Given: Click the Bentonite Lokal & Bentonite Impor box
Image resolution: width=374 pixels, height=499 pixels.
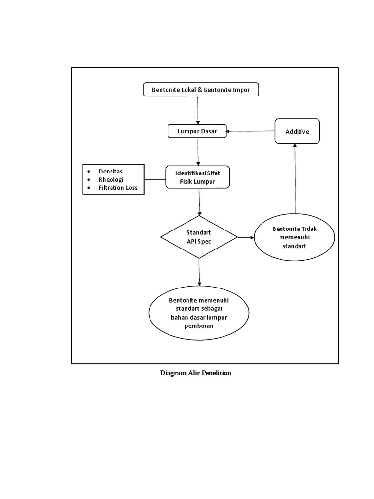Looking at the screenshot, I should (200, 90).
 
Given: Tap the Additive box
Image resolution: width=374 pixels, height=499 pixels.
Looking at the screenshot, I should (297, 131).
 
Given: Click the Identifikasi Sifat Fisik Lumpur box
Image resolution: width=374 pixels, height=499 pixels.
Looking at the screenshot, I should (198, 178).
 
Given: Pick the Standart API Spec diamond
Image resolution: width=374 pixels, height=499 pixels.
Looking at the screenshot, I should (199, 237).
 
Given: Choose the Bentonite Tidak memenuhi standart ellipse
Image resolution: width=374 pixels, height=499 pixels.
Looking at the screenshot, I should (294, 237).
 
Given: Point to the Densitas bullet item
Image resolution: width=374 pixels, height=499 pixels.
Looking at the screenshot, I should (111, 172).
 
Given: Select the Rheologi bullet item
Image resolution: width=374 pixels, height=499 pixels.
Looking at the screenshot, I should (111, 179).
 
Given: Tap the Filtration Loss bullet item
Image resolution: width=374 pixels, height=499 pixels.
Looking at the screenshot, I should (118, 188).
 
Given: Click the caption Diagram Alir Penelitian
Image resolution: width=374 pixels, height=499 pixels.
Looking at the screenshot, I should (195, 374).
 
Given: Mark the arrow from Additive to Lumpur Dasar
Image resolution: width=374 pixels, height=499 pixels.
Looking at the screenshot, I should (250, 131).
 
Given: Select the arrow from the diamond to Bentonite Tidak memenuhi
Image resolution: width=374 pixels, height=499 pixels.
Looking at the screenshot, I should (246, 237).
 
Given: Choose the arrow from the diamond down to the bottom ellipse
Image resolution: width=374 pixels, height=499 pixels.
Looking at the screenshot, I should (199, 272).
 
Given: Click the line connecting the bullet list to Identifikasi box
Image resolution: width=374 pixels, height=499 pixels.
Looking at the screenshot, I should (155, 179).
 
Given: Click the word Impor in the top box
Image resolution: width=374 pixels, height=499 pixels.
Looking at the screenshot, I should (242, 90).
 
